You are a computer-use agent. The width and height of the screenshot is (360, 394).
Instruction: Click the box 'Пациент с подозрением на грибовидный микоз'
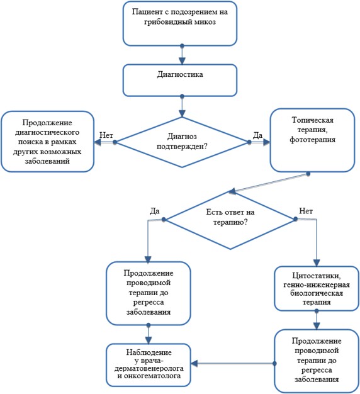click(x=180, y=24)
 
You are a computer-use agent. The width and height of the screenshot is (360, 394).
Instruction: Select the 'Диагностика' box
click(x=180, y=80)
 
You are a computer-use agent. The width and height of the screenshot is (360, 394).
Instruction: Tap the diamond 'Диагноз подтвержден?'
click(x=182, y=142)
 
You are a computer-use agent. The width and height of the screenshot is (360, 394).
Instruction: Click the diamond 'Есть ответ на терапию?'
click(x=230, y=220)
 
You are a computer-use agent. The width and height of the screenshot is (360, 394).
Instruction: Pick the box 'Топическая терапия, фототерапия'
click(x=312, y=140)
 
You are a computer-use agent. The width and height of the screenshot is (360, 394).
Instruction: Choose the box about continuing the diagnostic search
click(x=47, y=142)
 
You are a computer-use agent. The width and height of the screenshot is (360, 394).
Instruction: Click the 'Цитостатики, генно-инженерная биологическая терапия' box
click(x=317, y=288)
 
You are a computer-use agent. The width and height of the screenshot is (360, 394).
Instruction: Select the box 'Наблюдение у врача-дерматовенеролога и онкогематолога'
click(x=149, y=365)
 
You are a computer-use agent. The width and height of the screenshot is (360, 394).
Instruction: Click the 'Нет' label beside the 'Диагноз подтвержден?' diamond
click(x=106, y=135)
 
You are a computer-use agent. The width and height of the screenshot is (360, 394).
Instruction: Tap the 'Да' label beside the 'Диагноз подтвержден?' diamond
click(x=257, y=135)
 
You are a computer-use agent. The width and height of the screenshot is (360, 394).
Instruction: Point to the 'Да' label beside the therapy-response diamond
click(x=154, y=211)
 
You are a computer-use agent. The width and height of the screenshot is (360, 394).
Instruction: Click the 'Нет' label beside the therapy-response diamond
click(x=306, y=211)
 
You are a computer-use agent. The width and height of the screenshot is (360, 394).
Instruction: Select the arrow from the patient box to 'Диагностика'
click(x=182, y=55)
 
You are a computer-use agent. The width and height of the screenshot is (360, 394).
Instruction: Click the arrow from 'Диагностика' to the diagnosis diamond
click(x=182, y=106)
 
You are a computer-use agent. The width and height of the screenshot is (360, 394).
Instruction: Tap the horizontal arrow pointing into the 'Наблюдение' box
click(x=233, y=363)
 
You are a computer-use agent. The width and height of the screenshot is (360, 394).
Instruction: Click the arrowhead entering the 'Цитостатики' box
click(x=317, y=263)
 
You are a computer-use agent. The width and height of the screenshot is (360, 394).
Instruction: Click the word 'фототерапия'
click(x=313, y=140)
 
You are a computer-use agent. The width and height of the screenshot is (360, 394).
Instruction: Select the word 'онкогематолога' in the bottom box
click(x=152, y=376)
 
